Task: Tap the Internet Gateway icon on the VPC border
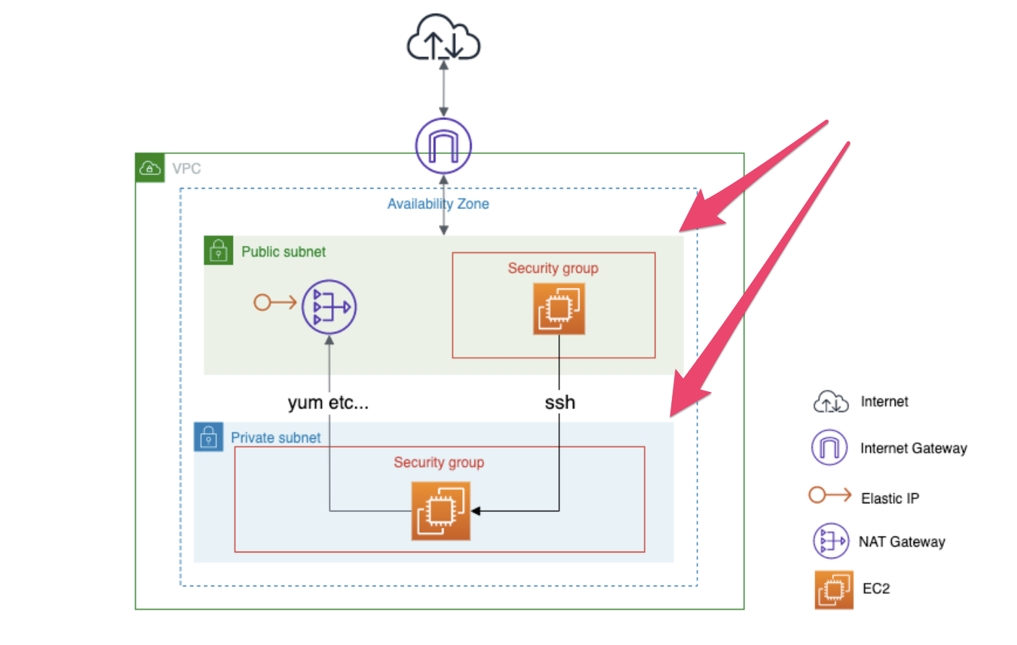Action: (443, 145)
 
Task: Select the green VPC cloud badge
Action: (150, 168)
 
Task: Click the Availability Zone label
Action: (438, 204)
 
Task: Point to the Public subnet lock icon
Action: (218, 250)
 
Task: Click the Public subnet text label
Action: (283, 252)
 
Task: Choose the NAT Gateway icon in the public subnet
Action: (329, 307)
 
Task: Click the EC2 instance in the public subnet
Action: (558, 309)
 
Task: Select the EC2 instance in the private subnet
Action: (441, 511)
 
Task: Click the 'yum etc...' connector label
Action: (328, 403)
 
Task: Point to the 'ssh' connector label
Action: (560, 403)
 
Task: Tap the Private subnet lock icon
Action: (208, 437)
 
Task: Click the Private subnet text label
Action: (276, 437)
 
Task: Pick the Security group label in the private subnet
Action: (438, 462)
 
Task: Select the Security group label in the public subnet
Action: (553, 268)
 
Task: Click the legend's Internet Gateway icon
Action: (829, 448)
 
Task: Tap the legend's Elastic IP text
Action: (890, 498)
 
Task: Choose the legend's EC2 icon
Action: (833, 589)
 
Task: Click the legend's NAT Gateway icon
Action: (830, 541)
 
